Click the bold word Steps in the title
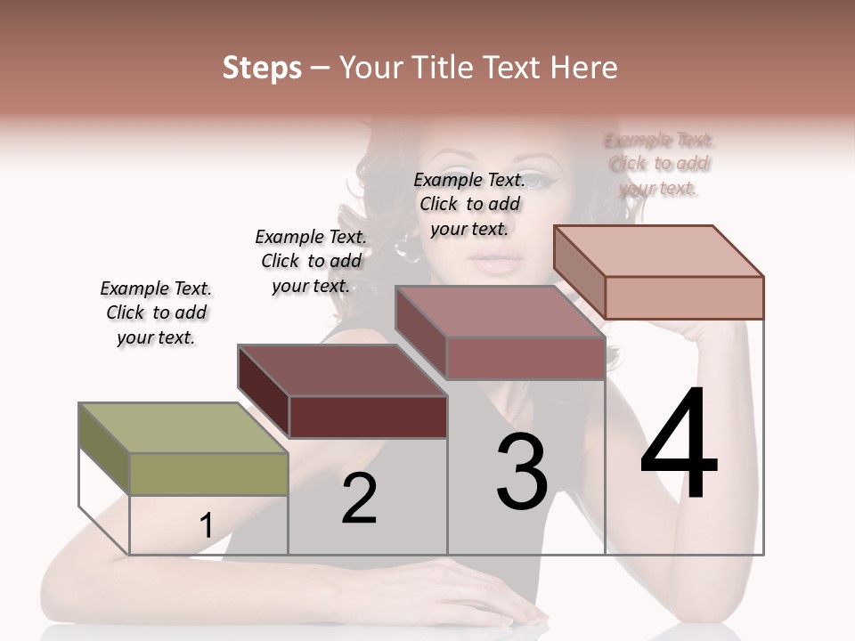pos(262,68)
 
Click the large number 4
pos(679,445)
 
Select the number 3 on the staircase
pos(521,472)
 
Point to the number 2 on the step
pos(359,499)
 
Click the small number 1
pos(207,525)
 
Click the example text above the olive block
pos(156,312)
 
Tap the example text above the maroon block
pos(311,261)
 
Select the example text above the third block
pos(469,204)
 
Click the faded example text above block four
pos(659,164)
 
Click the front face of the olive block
pos(208,474)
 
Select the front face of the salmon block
pos(684,297)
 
